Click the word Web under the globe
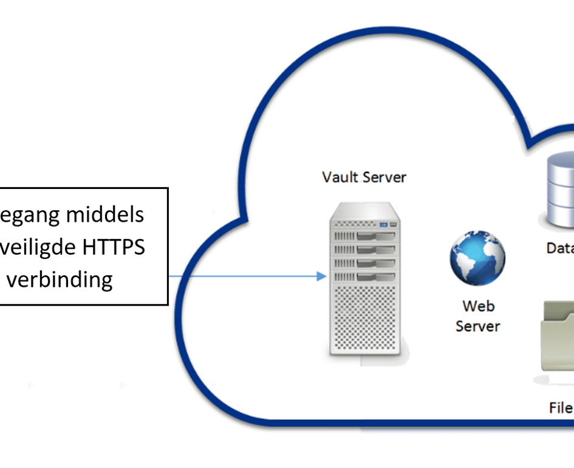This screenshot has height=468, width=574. (x=477, y=306)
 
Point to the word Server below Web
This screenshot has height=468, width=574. (x=477, y=326)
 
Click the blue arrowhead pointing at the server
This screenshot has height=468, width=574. (x=322, y=277)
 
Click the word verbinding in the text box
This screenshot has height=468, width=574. (x=60, y=279)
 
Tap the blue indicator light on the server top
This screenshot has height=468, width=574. (x=383, y=225)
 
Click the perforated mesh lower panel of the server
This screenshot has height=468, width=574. (x=363, y=319)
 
